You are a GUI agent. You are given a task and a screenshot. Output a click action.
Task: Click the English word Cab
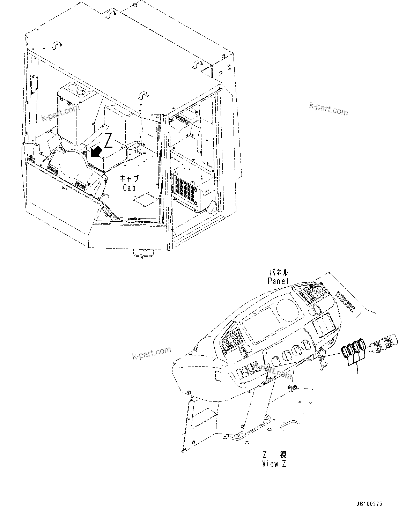129,187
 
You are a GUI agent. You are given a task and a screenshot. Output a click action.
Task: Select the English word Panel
278,281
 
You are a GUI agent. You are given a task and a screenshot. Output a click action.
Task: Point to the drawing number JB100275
369,504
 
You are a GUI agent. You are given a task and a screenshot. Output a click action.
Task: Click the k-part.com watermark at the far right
328,110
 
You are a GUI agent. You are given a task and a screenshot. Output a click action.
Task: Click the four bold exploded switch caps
353,349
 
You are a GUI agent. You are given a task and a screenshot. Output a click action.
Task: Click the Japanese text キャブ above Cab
129,179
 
